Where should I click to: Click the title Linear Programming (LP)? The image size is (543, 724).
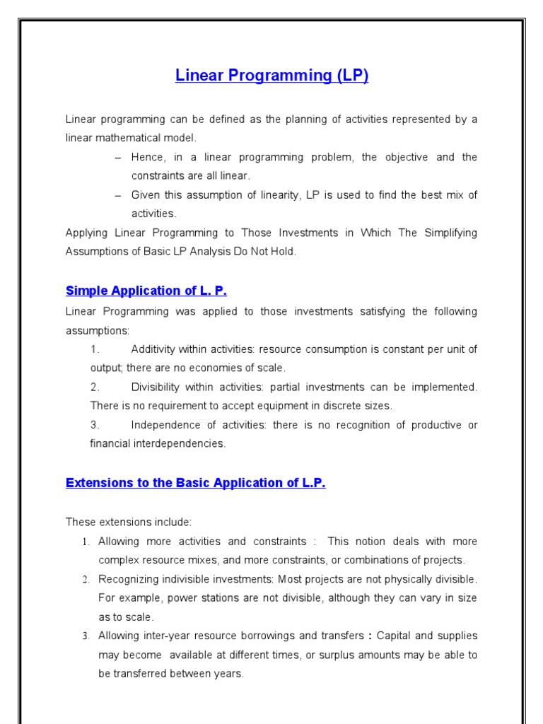point(271,76)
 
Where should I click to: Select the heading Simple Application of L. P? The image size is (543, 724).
point(146,291)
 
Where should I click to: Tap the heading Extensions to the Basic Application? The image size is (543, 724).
point(195,483)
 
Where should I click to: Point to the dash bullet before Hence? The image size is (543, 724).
point(117,157)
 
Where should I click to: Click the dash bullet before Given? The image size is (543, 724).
point(117,194)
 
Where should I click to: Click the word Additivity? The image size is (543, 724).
point(156,349)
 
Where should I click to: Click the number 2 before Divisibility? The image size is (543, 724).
point(94,387)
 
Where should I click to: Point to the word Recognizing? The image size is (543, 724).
point(129,579)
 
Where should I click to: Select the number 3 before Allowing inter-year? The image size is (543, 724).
point(85,636)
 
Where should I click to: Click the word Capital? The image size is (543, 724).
point(397,636)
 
